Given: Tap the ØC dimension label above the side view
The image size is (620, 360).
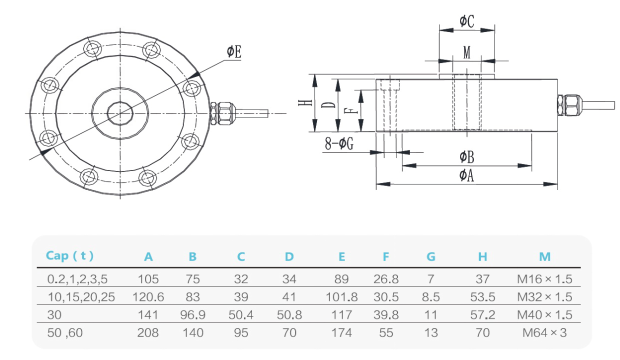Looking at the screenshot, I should [466, 21].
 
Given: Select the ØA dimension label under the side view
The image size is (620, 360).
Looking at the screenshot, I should [466, 176].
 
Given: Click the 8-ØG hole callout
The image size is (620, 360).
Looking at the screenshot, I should [339, 144].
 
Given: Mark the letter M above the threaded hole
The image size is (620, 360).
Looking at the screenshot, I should [466, 52].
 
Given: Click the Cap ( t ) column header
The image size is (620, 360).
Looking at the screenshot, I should [70, 256].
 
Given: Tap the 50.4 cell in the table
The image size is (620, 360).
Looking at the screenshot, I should [241, 314].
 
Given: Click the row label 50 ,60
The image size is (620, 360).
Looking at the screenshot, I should [65, 333].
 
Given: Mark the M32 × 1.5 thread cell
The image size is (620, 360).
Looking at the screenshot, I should [545, 296].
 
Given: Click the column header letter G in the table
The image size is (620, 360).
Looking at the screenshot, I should [431, 256].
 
